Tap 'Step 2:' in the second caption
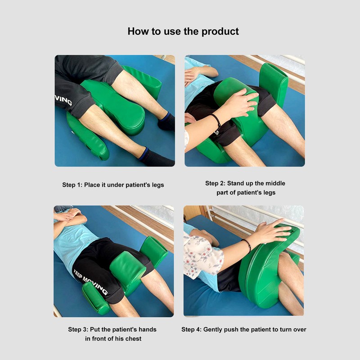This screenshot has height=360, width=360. coord(216,183)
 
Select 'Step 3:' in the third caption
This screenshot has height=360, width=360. coord(79,329)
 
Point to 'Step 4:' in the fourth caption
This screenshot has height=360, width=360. coord(192,329)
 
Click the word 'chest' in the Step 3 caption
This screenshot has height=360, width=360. coord(130,338)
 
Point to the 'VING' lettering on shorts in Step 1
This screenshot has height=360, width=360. coord(63,99)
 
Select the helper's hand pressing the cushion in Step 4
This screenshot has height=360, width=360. coord(272,232)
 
